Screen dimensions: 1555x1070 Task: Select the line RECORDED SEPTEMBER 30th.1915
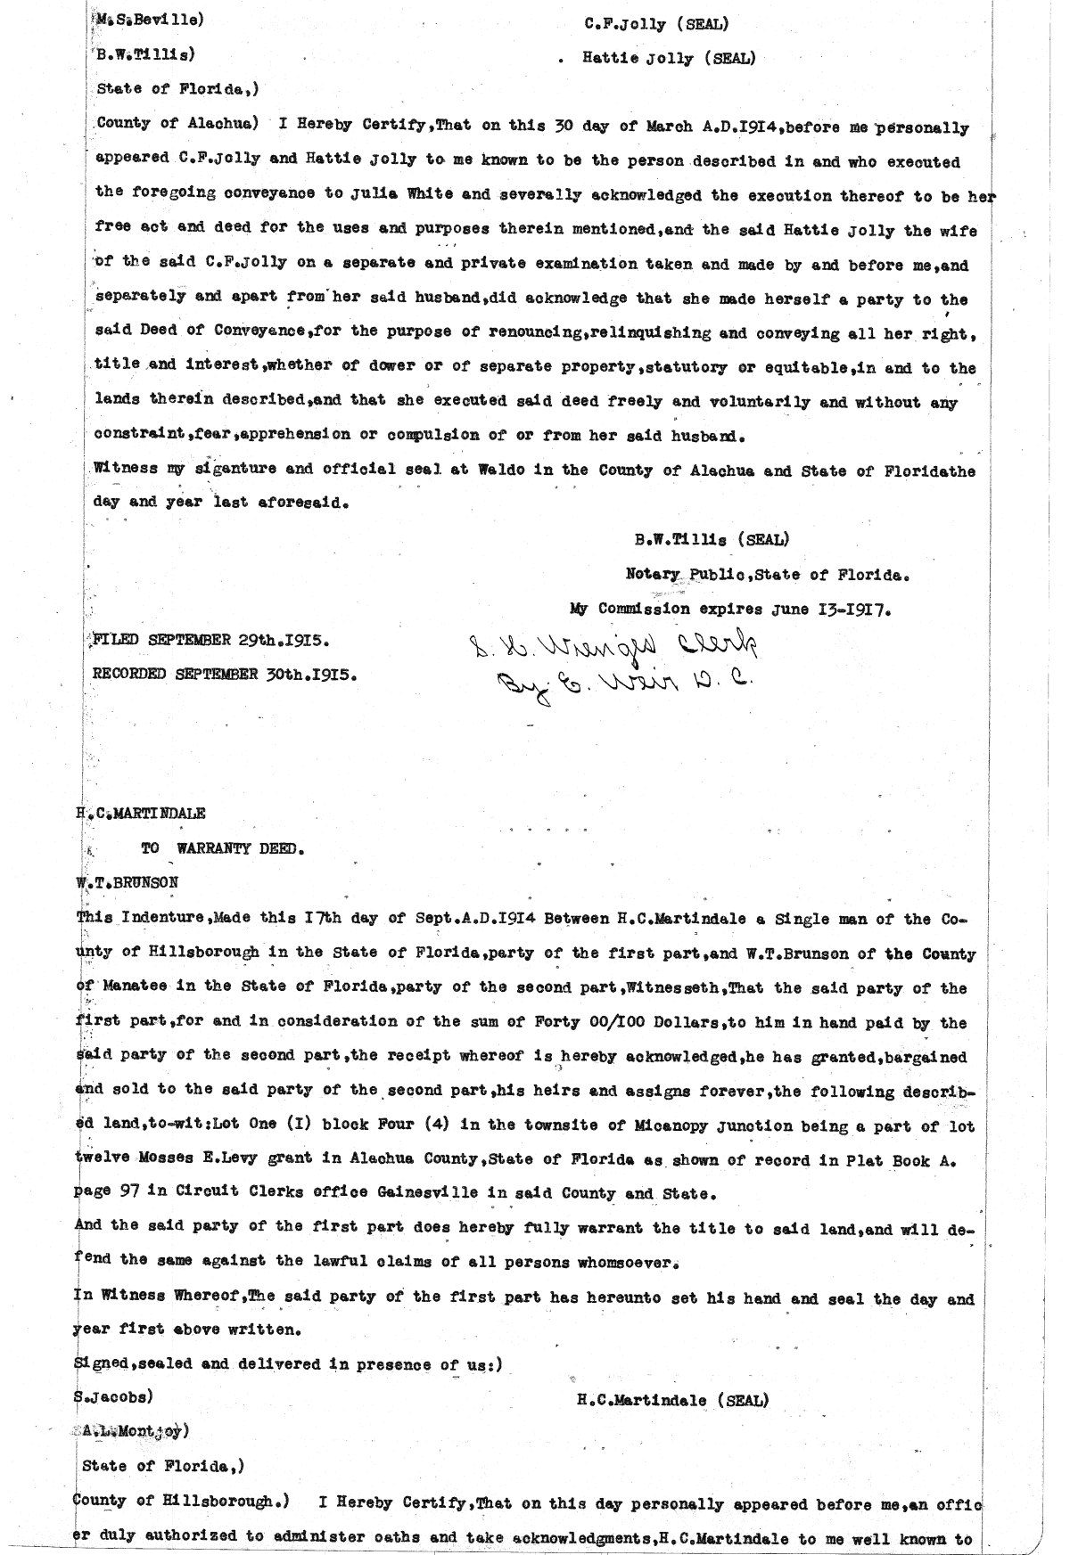[x=225, y=675]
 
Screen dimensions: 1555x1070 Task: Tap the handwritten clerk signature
[x=614, y=643]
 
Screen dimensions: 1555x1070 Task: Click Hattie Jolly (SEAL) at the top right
[x=669, y=59]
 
